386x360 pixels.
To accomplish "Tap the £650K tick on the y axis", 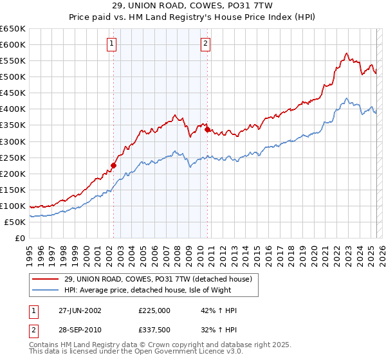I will (13, 29).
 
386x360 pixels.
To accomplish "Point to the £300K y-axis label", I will (13, 141).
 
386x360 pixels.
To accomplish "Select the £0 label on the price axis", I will (19, 238).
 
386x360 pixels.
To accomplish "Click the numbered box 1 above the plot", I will (112, 44).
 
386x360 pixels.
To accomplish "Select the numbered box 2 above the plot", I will (205, 44).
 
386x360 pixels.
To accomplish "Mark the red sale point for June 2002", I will (114, 165).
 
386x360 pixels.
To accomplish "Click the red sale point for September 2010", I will (208, 129).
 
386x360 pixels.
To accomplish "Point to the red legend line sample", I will (46, 279).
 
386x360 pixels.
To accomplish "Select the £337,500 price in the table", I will (154, 330).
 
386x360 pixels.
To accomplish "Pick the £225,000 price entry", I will (154, 310).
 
